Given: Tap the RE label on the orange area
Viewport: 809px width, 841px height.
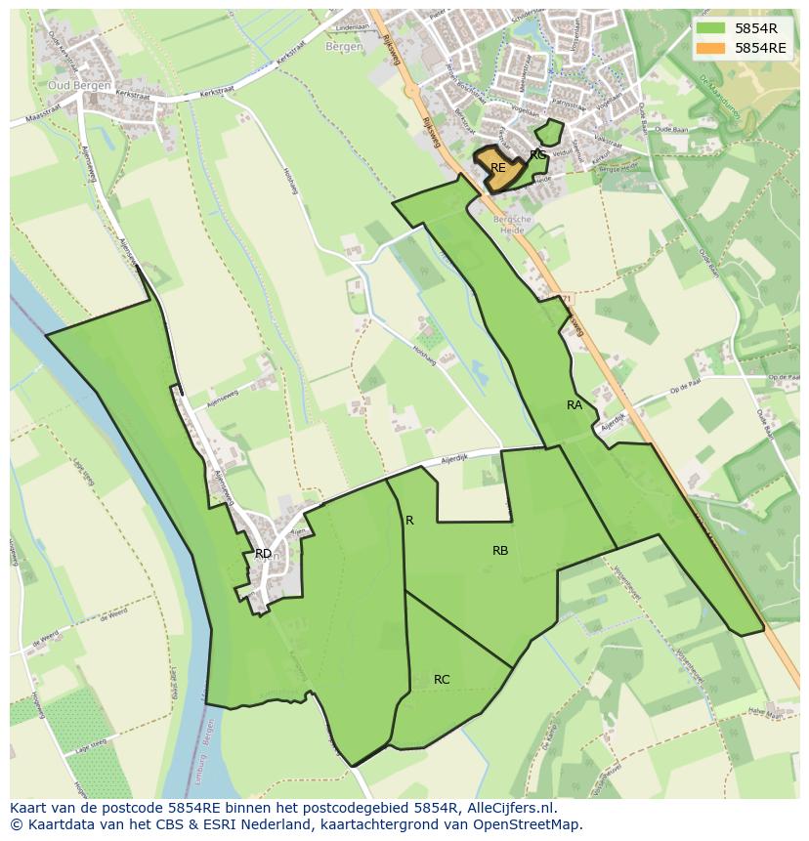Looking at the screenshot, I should [x=498, y=168].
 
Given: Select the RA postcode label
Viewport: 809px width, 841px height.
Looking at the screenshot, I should [x=575, y=404].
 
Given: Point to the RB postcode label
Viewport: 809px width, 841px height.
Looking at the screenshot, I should [x=500, y=551].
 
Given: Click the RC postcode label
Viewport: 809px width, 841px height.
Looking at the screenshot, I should [x=442, y=679].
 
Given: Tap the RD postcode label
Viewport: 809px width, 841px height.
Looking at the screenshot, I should [x=263, y=554].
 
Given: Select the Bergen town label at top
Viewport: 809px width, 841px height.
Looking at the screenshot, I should [x=344, y=46].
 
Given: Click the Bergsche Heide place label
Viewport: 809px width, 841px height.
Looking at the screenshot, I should [x=517, y=226].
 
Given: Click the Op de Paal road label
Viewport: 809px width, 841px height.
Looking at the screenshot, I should [x=687, y=390].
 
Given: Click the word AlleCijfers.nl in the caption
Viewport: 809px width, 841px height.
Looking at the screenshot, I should [x=509, y=808].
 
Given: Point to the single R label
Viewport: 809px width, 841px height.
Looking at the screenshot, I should [x=409, y=521].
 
